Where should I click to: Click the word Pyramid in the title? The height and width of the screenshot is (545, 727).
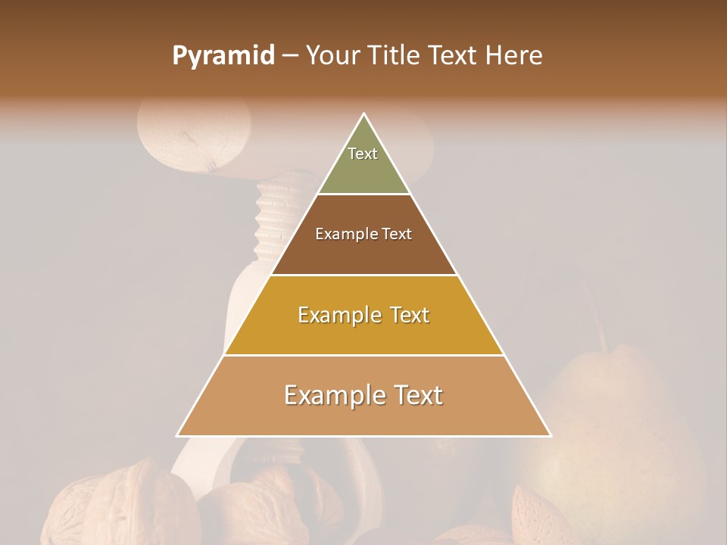click(223, 55)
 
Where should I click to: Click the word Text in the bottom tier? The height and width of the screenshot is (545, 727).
click(413, 395)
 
